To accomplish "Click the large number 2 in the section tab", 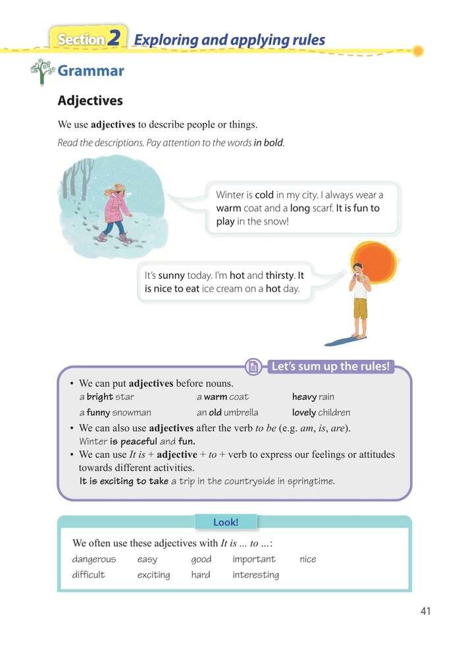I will tap(114, 38).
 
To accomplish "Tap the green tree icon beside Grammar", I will tap(41, 71).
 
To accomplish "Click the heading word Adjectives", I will tap(90, 101).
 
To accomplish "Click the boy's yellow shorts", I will tap(360, 307).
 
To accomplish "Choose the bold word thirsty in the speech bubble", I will tap(280, 276).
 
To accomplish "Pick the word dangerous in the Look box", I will tap(93, 559).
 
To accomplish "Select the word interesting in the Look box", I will tap(255, 575).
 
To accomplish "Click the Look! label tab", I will tap(226, 522).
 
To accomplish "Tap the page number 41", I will tap(424, 611).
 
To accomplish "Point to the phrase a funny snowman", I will tap(115, 413).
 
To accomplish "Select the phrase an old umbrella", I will tap(227, 413).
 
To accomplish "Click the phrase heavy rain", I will tap(313, 397).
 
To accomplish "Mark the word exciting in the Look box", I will tap(153, 575).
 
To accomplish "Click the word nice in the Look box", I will tap(307, 559).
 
